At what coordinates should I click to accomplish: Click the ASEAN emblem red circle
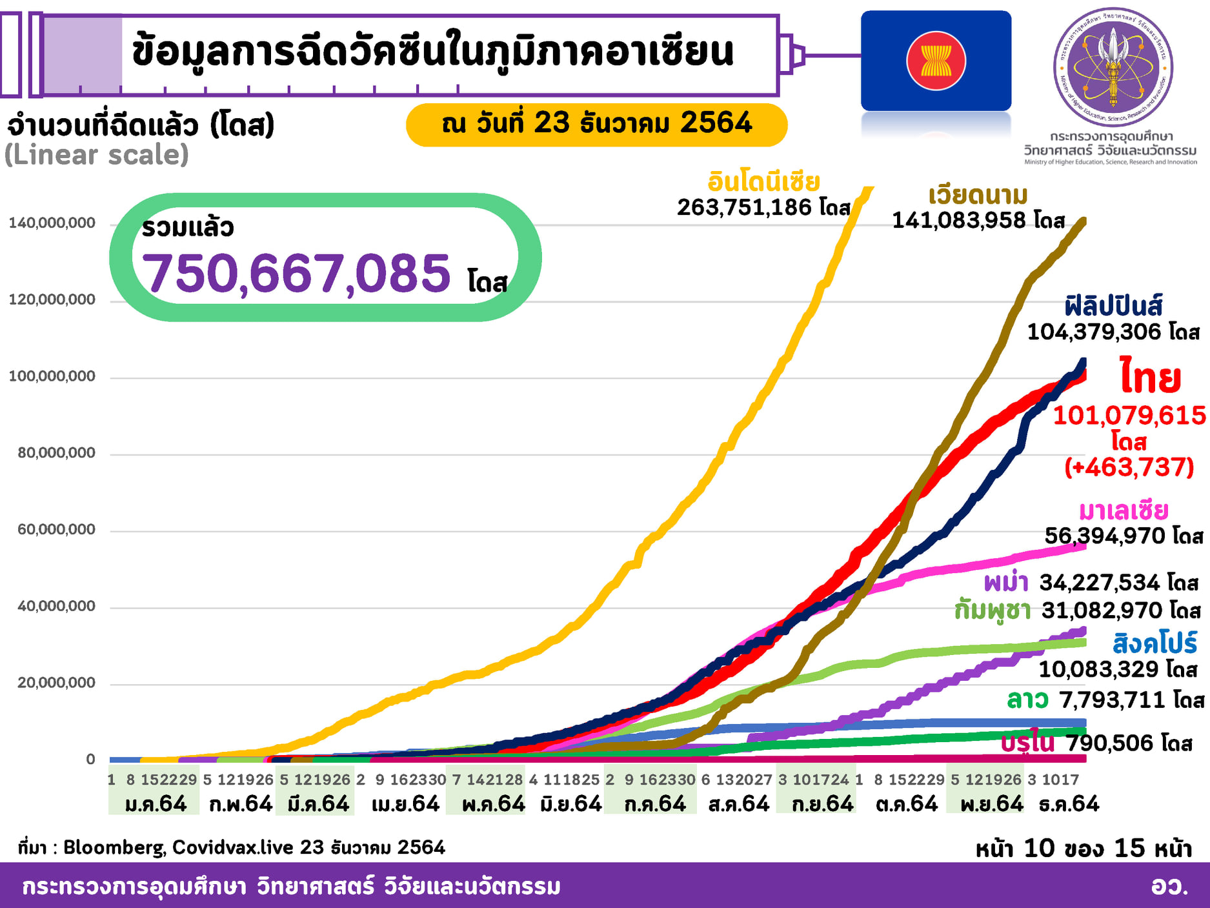point(936,61)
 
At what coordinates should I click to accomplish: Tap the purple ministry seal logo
point(1113,66)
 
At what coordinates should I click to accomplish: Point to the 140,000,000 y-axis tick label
point(52,223)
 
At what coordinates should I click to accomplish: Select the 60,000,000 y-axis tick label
point(56,530)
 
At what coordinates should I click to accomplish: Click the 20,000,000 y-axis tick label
point(56,683)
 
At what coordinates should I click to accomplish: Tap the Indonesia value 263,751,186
point(744,207)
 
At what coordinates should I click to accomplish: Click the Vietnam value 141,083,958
point(959,221)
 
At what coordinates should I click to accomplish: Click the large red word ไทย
point(1150,378)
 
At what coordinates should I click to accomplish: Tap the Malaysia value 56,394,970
point(1105,536)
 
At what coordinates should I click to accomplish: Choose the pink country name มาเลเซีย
point(1124,510)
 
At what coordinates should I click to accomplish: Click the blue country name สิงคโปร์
point(1155,643)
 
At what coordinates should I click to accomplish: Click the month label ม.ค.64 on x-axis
point(156,804)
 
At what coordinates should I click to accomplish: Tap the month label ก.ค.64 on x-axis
point(654,804)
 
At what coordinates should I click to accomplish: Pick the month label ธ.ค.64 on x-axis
point(1069,804)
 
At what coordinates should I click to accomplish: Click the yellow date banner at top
point(596,124)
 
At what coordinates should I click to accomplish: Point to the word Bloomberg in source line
point(114,847)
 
